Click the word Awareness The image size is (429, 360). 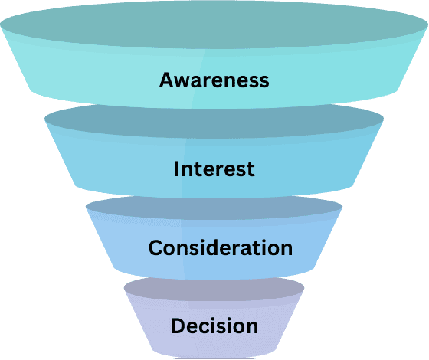(x=214, y=80)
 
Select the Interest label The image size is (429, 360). (x=214, y=169)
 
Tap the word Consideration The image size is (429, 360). (x=220, y=248)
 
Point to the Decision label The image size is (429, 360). (x=214, y=326)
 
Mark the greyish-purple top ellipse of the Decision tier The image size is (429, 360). (x=214, y=289)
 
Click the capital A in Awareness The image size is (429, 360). (x=167, y=80)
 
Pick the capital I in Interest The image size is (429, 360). (x=177, y=169)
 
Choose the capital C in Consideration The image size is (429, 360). (x=156, y=248)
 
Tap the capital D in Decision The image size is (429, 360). (x=177, y=326)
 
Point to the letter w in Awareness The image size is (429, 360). (x=184, y=80)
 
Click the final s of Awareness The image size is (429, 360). (x=264, y=80)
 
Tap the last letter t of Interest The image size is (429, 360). (x=250, y=169)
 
